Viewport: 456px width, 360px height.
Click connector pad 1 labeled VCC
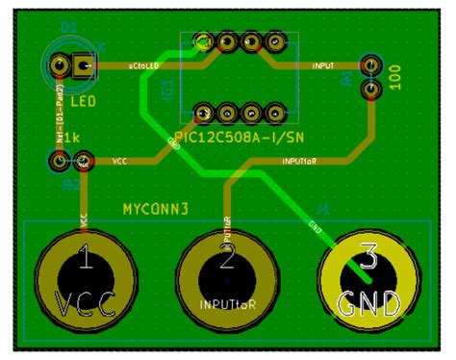tap(85, 281)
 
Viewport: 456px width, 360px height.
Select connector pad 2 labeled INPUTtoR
tap(227, 281)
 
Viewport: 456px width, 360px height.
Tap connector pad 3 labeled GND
tap(368, 281)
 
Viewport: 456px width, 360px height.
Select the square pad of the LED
tap(85, 66)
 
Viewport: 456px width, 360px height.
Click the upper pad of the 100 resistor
tap(369, 65)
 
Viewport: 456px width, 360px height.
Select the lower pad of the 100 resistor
tap(369, 90)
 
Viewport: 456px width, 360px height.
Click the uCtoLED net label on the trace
tap(145, 66)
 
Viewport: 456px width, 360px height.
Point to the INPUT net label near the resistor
tap(323, 66)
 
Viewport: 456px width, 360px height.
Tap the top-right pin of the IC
tap(276, 42)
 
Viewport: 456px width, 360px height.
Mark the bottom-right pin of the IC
tap(276, 113)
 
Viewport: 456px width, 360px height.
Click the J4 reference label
tap(322, 207)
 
